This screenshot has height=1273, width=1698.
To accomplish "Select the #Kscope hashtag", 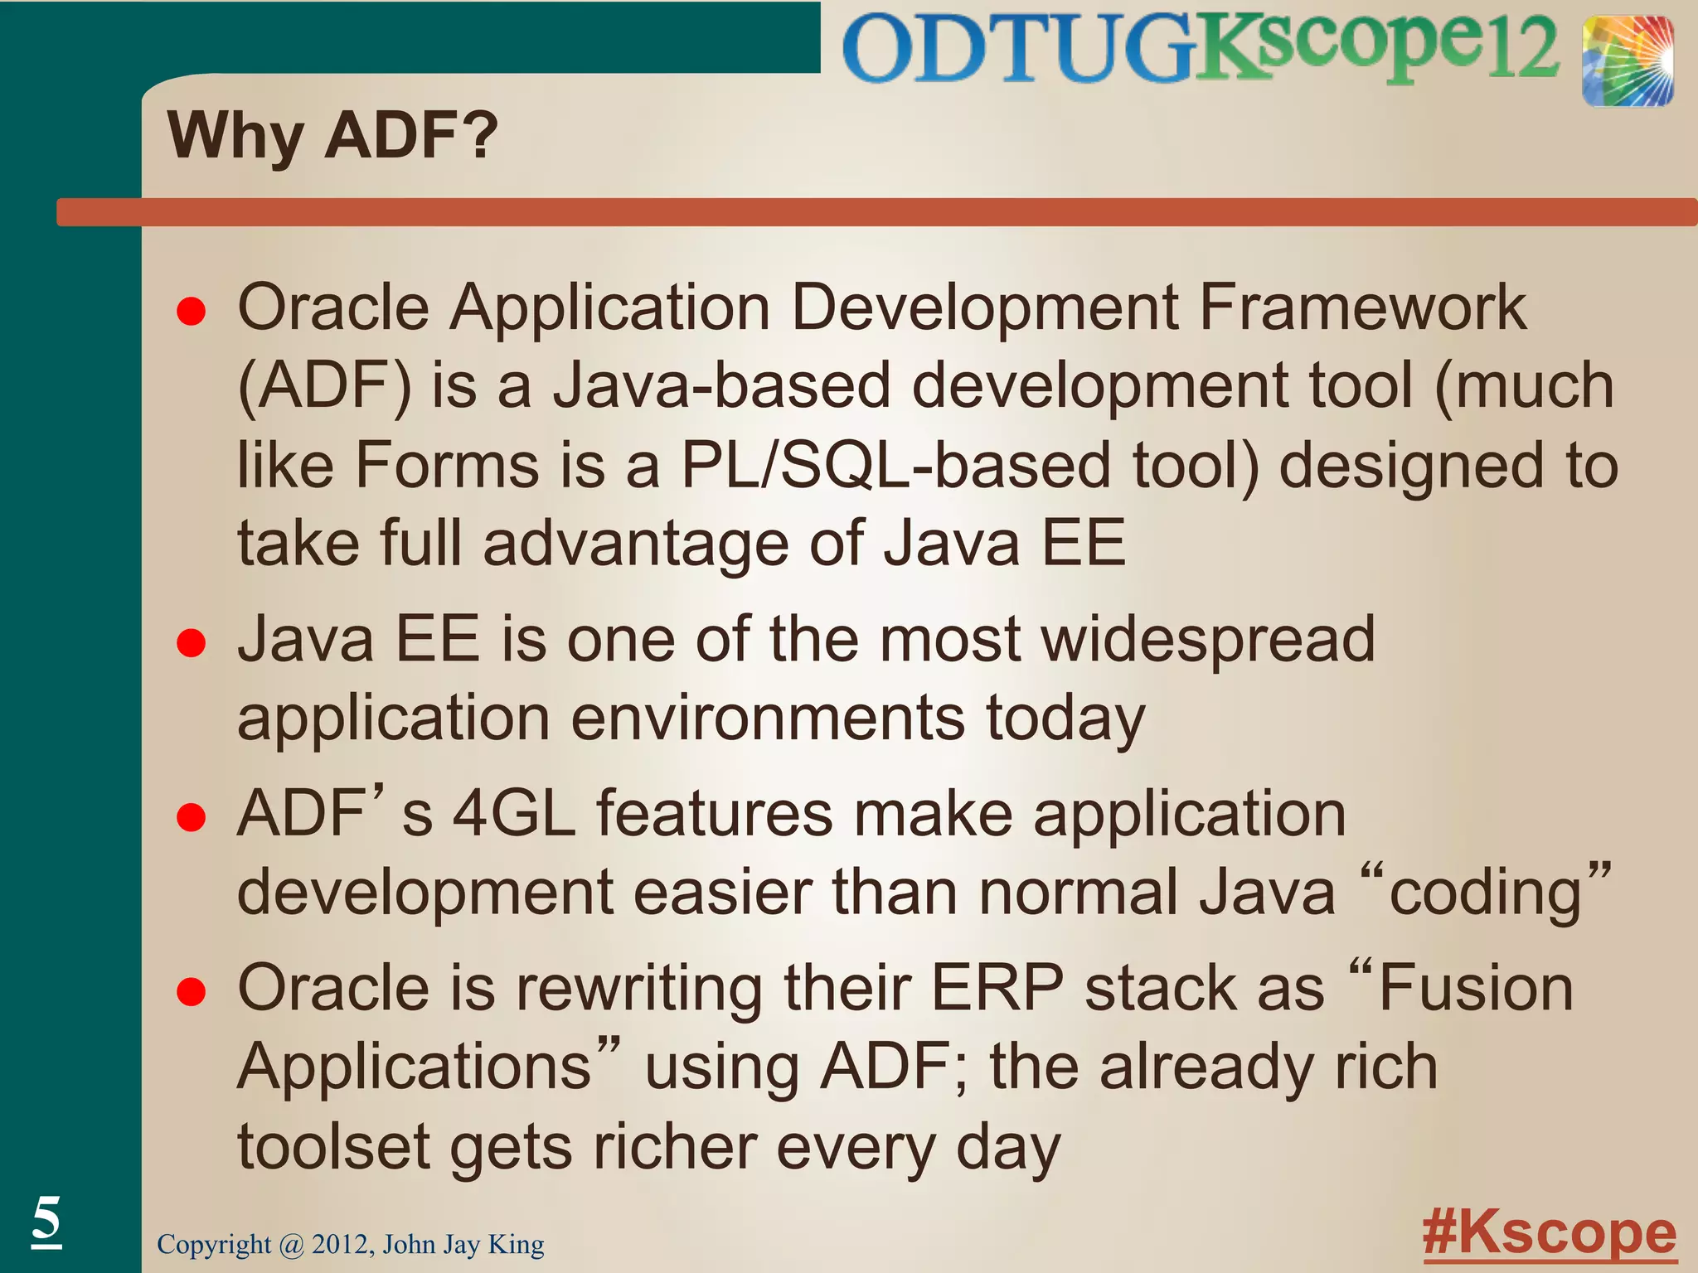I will pyautogui.click(x=1549, y=1233).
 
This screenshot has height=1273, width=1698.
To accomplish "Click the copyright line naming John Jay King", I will pyautogui.click(x=351, y=1244).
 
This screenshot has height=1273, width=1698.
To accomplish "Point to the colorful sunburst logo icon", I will pyautogui.click(x=1627, y=62).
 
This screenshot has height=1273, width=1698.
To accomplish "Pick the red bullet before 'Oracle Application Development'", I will pyautogui.click(x=192, y=312).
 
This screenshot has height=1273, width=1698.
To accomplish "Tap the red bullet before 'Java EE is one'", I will pyautogui.click(x=192, y=643).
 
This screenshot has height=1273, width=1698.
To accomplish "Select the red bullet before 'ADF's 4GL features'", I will pyautogui.click(x=192, y=817).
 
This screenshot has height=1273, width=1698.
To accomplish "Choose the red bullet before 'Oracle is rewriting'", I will pyautogui.click(x=192, y=991).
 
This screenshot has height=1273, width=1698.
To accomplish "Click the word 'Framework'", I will pyautogui.click(x=1362, y=307).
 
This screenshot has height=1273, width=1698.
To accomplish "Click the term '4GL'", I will pyautogui.click(x=514, y=814).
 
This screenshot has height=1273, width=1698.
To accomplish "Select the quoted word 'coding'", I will pyautogui.click(x=1485, y=893).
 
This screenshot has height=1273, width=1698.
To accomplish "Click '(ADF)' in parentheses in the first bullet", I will pyautogui.click(x=324, y=386).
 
